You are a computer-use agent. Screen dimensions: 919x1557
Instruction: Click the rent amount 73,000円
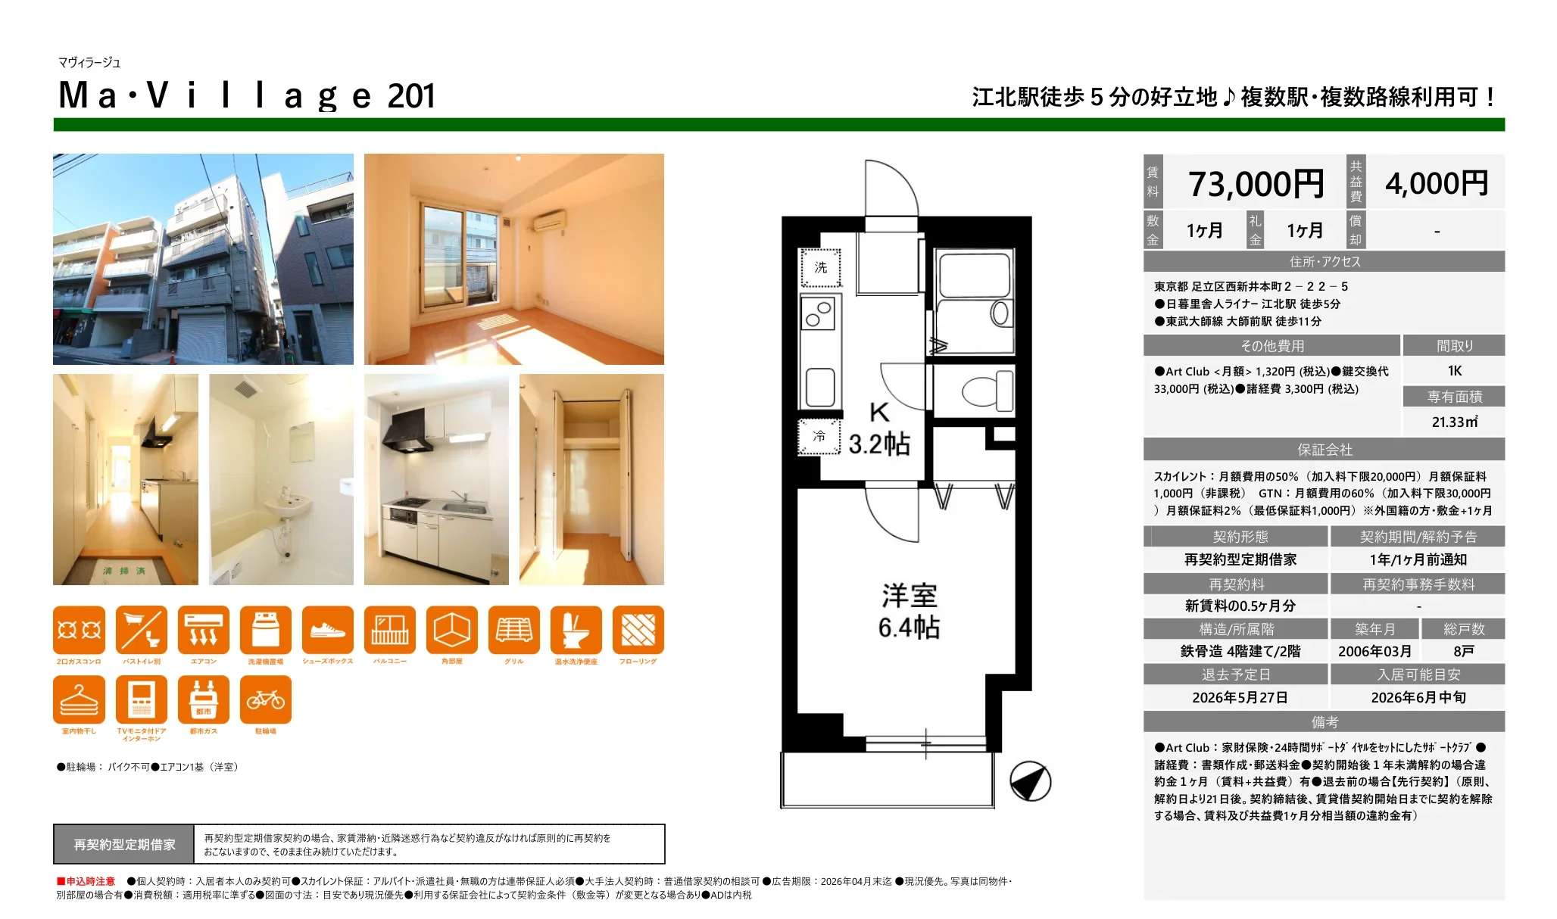1256,184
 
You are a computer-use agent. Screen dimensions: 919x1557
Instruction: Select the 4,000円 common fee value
1437,183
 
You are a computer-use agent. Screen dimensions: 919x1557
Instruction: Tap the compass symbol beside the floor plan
1030,781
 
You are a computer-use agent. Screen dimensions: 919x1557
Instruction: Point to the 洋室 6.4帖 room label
909,611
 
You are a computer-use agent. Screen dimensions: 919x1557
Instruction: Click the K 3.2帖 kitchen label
878,429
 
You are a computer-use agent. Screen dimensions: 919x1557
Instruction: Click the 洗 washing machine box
821,268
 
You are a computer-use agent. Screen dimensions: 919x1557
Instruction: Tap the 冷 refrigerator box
819,437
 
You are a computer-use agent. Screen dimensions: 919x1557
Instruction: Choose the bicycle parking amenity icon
265,700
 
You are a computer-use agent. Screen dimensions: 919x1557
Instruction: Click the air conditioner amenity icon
204,630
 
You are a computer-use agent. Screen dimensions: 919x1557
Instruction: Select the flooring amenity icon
638,630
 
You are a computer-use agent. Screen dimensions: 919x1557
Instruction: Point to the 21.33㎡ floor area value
1454,422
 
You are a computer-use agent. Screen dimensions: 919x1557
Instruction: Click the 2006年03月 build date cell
1374,651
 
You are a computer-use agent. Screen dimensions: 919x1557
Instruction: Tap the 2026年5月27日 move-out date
1240,697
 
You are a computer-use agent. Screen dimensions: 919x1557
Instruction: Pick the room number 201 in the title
411,97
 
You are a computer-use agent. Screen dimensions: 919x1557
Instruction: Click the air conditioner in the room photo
548,221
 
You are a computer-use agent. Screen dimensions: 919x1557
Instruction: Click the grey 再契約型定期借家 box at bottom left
124,844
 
